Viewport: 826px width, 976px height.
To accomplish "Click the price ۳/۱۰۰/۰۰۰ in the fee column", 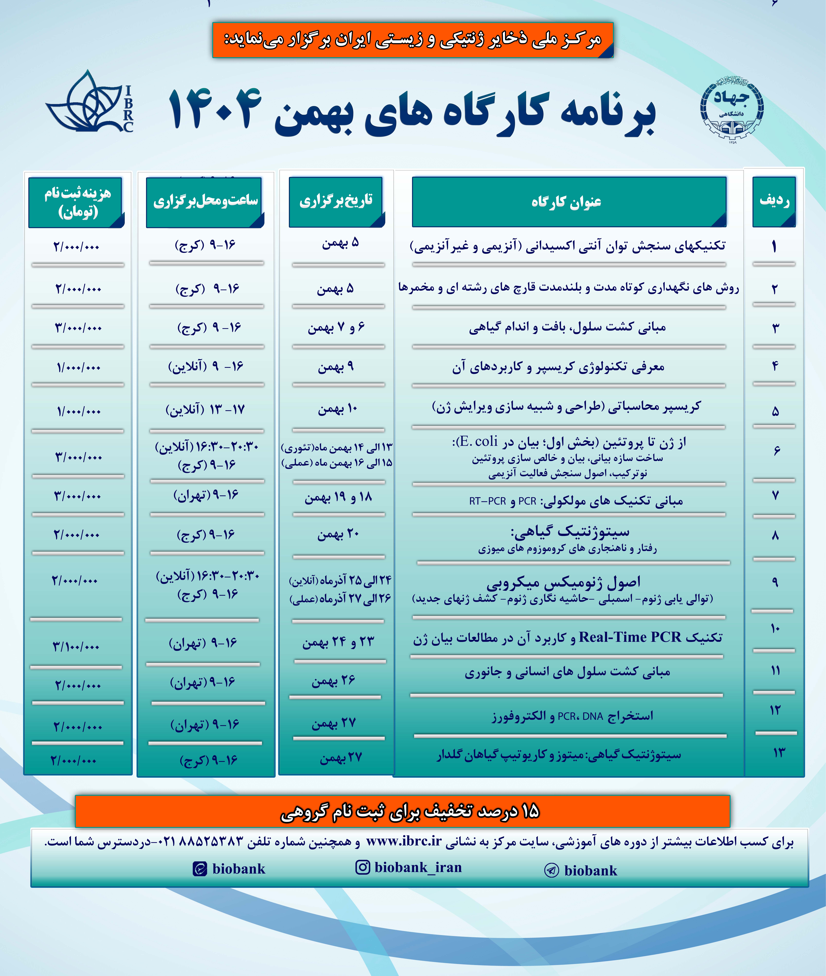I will point(76,647).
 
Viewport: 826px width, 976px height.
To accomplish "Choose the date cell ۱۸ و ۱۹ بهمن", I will point(338,497).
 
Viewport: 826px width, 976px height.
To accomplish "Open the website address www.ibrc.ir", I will point(404,841).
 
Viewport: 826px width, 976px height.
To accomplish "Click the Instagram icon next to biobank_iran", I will point(362,867).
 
